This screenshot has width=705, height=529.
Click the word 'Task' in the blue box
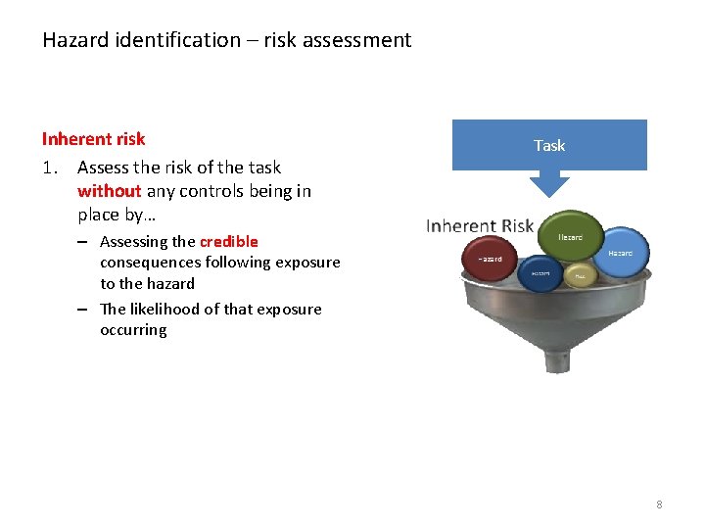549,145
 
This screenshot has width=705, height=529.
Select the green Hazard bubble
571,236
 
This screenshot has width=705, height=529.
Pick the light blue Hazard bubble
621,252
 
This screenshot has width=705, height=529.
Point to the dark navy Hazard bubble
540,273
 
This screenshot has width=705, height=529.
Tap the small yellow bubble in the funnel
580,276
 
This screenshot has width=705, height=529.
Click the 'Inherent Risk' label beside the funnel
480,226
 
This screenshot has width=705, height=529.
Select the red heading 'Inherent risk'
93,139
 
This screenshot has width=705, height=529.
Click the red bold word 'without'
110,191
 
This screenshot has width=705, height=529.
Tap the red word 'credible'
229,241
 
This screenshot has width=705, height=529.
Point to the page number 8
659,505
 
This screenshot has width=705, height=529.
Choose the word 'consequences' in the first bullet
149,262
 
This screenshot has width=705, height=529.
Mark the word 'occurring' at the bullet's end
133,330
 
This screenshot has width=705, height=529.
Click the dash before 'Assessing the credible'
85,241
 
